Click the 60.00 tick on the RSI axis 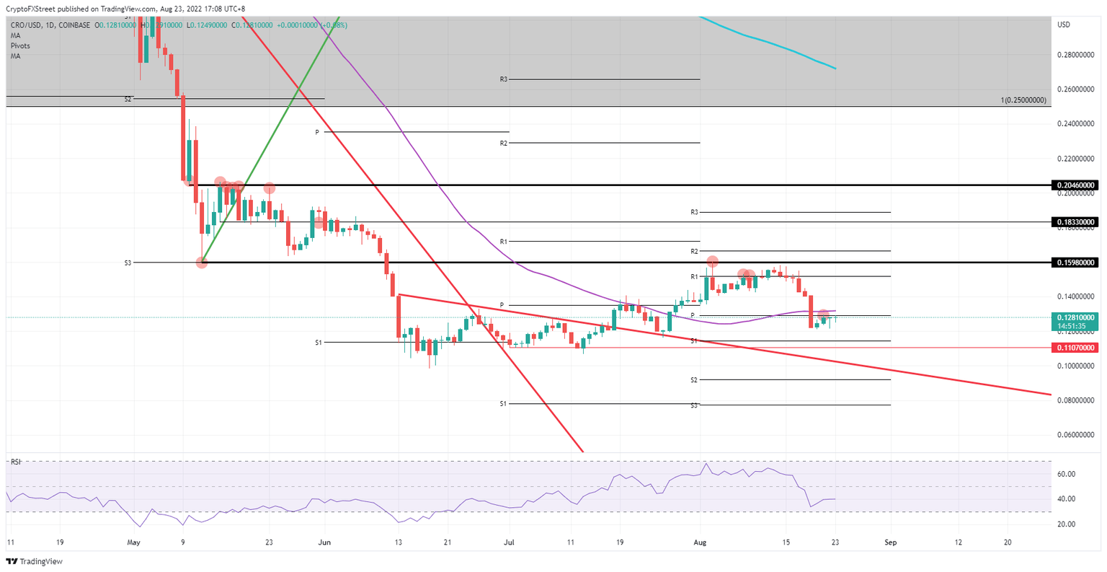[1066, 474]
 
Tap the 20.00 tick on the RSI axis [1066, 524]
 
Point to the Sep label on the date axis [891, 542]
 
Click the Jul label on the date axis [509, 542]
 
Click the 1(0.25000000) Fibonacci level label [1023, 100]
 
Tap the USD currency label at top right [1063, 25]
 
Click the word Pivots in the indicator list [20, 45]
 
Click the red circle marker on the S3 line [202, 263]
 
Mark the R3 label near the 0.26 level [504, 79]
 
